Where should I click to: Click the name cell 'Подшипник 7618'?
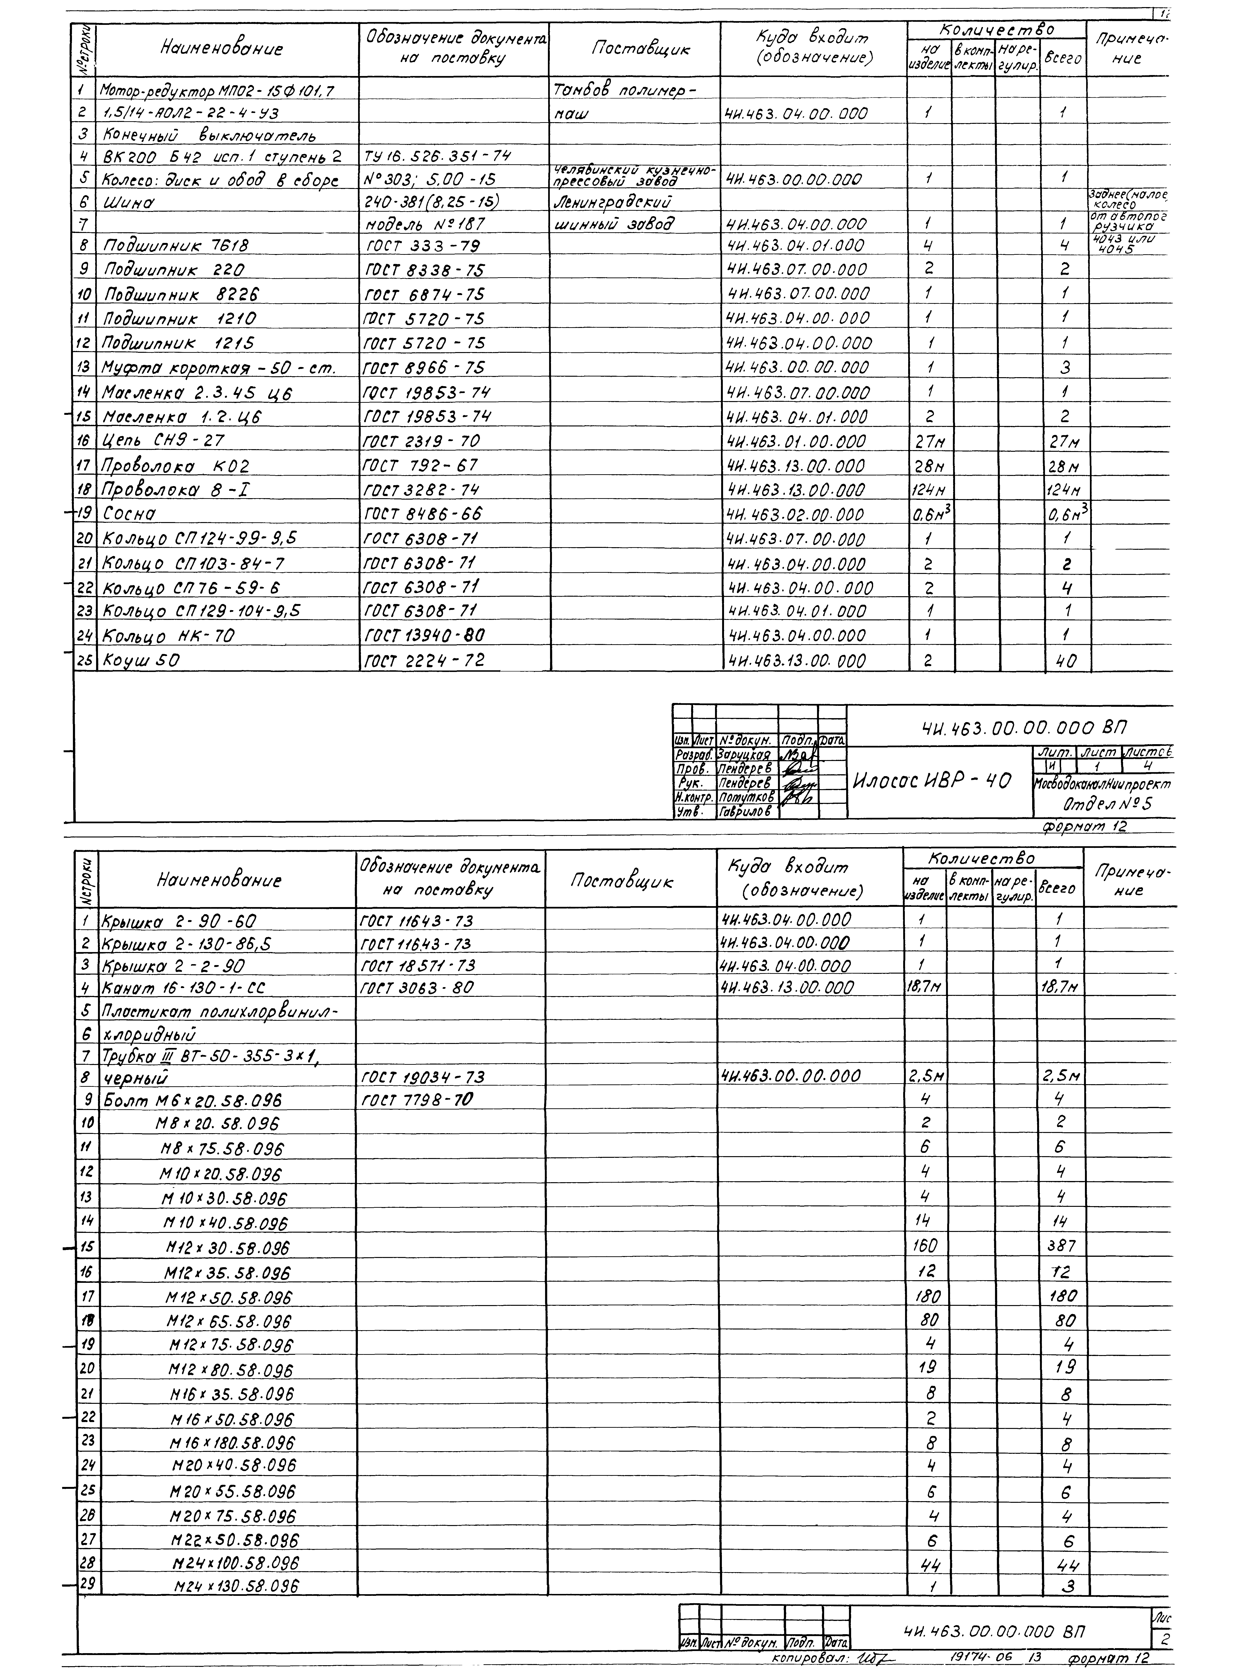tap(175, 246)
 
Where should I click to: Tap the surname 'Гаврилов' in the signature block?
tap(746, 812)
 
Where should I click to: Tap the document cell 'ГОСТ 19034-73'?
tap(423, 1077)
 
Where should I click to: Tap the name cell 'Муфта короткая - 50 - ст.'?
tap(218, 368)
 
